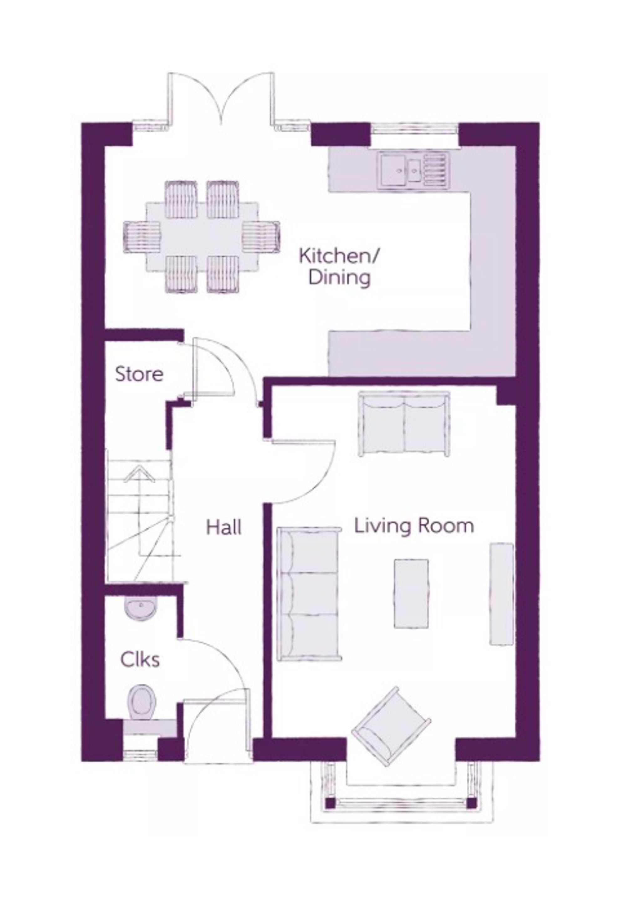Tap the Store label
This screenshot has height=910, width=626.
coord(139,374)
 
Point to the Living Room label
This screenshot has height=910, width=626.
coord(414,526)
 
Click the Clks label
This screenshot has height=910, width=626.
coord(140,660)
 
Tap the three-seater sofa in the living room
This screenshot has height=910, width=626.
coord(309,594)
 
